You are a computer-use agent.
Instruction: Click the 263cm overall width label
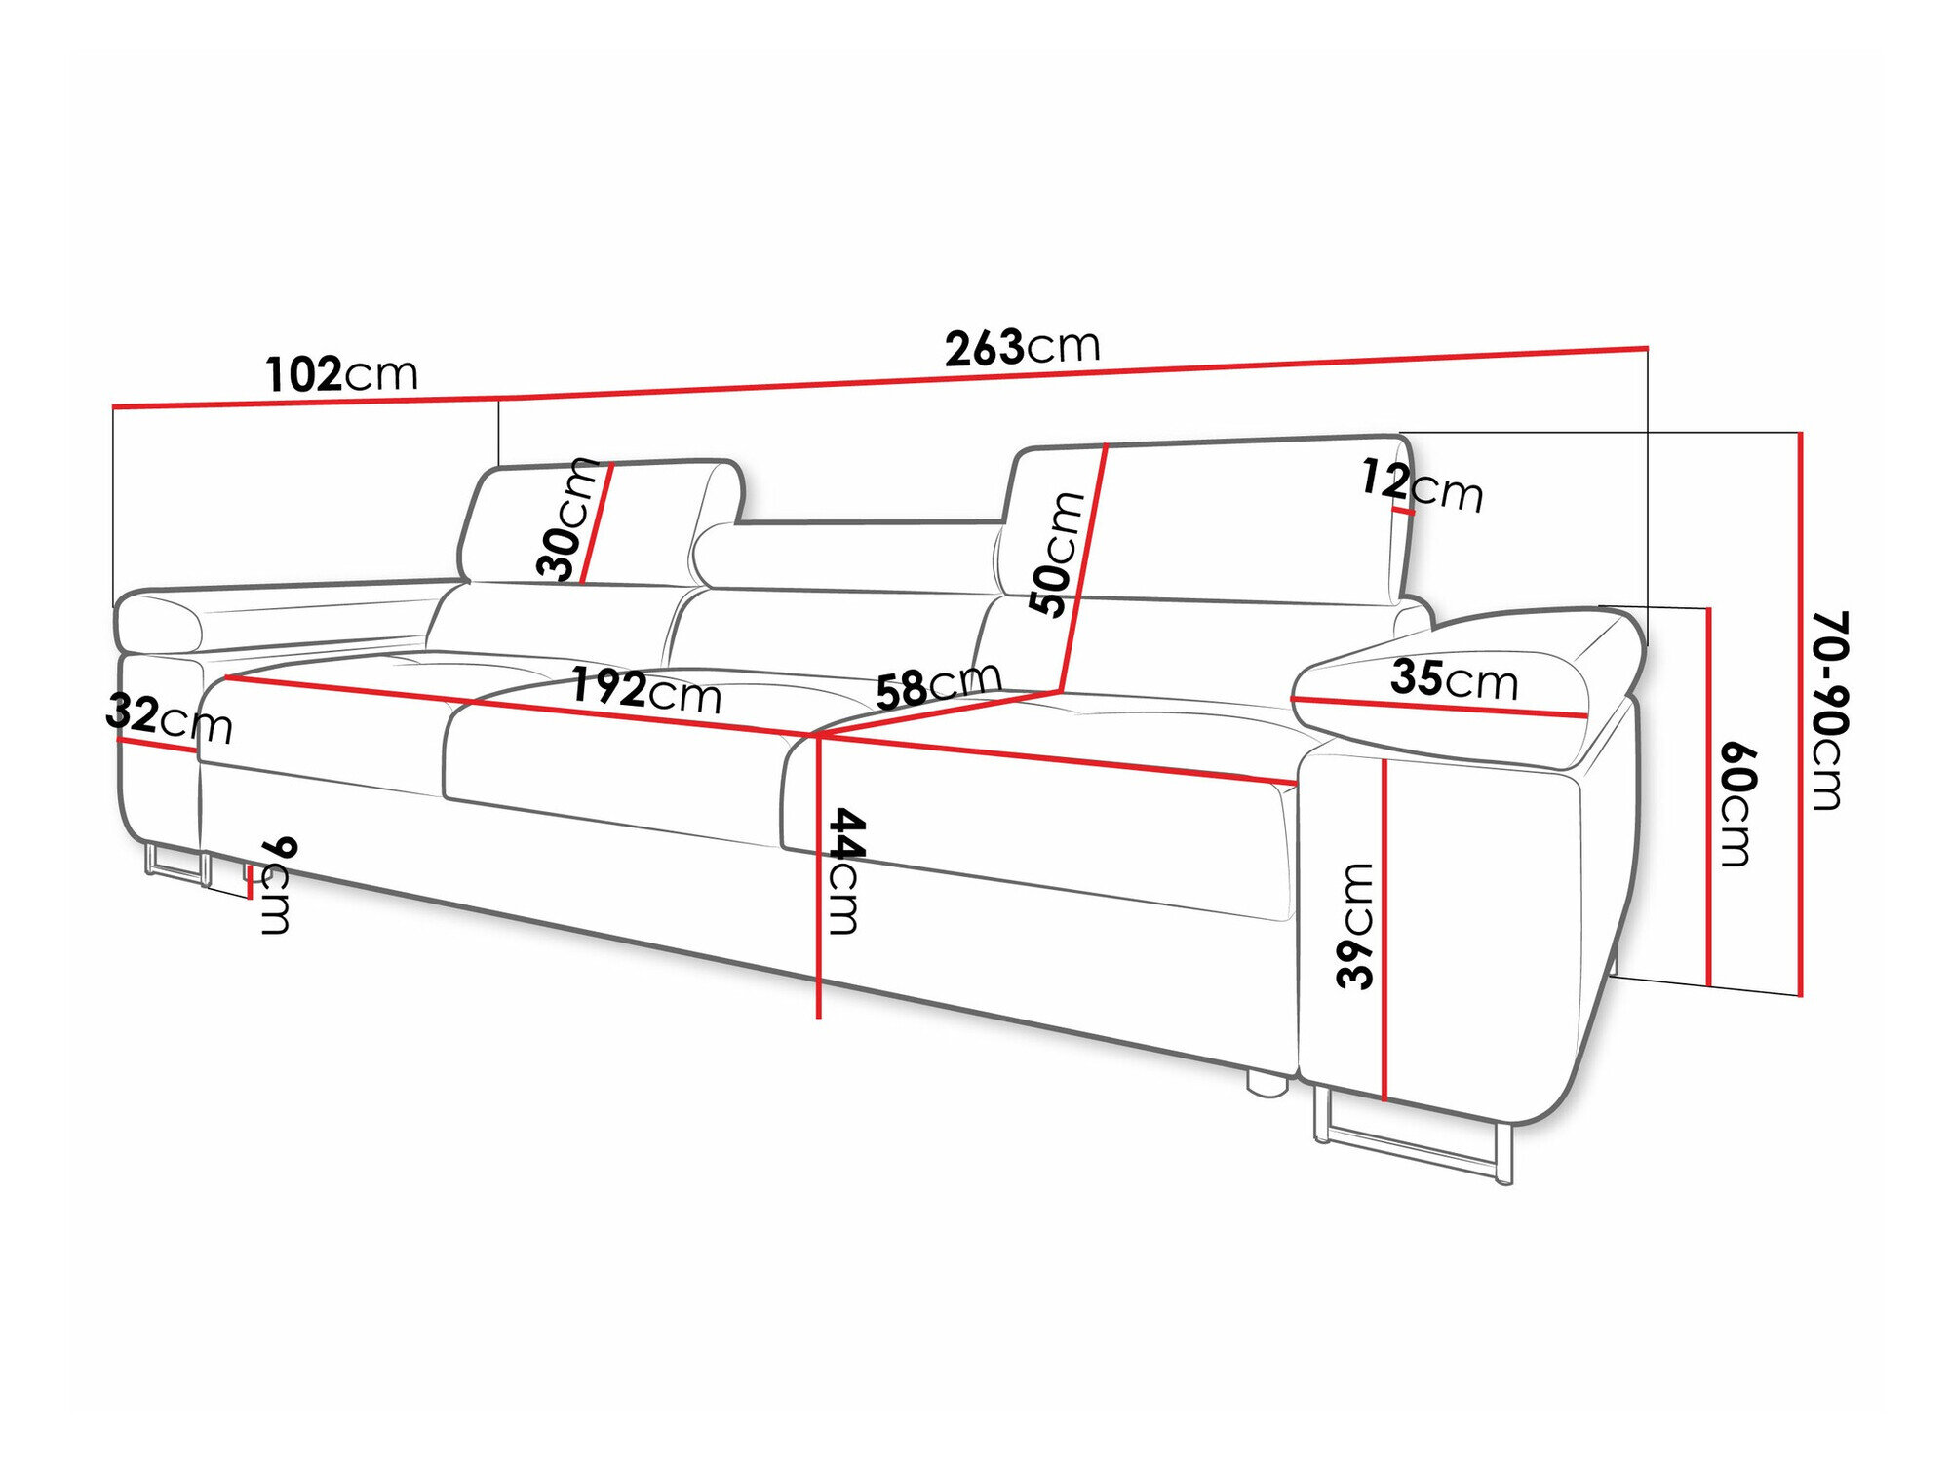[x=1022, y=347]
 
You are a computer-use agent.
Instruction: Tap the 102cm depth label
[x=341, y=373]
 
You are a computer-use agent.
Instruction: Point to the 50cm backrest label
[x=1057, y=554]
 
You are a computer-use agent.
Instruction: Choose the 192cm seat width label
[x=645, y=690]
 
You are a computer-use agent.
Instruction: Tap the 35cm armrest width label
[x=1454, y=678]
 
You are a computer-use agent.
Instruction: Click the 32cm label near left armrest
[x=169, y=718]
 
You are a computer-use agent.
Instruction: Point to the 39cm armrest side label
[x=1356, y=925]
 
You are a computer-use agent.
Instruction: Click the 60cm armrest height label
[x=1736, y=804]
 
